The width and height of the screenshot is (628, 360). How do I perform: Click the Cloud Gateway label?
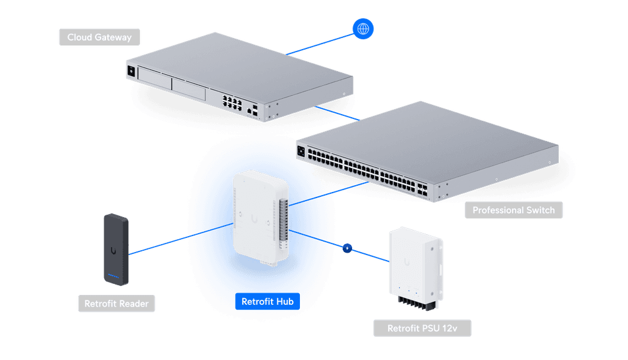pyautogui.click(x=99, y=37)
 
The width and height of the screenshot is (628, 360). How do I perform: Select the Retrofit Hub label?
pyautogui.click(x=267, y=301)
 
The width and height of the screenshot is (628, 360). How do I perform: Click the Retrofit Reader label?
pyautogui.click(x=117, y=304)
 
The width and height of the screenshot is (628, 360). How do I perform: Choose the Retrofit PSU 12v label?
pyautogui.click(x=422, y=328)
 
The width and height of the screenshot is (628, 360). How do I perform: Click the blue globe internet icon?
pyautogui.click(x=363, y=28)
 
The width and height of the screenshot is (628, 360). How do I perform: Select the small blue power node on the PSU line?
pyautogui.click(x=348, y=249)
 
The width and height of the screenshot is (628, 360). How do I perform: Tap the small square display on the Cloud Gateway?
pyautogui.click(x=131, y=71)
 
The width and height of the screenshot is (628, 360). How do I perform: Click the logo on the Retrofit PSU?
pyautogui.click(x=407, y=262)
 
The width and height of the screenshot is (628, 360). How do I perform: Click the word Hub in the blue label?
pyautogui.click(x=284, y=301)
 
